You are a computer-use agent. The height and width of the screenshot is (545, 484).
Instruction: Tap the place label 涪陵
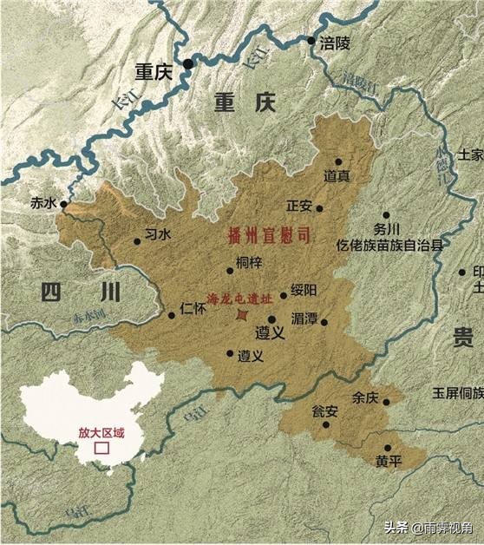pyautogui.click(x=333, y=41)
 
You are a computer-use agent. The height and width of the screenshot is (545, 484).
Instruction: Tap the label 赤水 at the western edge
pyautogui.click(x=43, y=204)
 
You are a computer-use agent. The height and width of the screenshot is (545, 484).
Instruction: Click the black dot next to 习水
pyautogui.click(x=137, y=242)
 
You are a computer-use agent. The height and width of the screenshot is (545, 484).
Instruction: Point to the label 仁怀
pyautogui.click(x=194, y=307)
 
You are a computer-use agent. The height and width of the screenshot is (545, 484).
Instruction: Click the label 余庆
pyautogui.click(x=366, y=398)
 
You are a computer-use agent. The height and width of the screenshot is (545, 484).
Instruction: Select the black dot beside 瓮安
pyautogui.click(x=327, y=424)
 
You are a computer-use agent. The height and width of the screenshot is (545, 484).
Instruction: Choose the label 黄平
pyautogui.click(x=389, y=461)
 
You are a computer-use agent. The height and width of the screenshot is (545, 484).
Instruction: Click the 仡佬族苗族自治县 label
pyautogui.click(x=389, y=246)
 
